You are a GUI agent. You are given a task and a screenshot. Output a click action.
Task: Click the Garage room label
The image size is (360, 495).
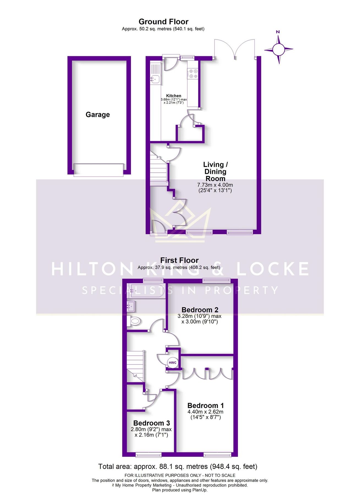[98, 115]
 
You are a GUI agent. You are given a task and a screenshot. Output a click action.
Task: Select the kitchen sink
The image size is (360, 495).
[155, 79]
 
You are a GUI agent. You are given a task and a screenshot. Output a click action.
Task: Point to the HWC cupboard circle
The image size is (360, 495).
[172, 362]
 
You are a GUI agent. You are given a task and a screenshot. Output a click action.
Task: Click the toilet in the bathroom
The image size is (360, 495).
[134, 321]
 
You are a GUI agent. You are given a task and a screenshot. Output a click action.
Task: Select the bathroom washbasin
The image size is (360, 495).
[131, 306]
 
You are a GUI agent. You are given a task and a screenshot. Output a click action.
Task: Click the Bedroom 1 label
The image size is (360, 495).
[205, 406]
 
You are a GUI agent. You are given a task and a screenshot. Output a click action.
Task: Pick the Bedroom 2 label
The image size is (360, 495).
[200, 310]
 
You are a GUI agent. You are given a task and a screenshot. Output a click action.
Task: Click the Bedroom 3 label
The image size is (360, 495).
[152, 423]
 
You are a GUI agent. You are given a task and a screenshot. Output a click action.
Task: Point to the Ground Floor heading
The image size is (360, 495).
[163, 22]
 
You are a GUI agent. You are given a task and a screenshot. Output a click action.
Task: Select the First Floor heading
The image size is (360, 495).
[179, 260]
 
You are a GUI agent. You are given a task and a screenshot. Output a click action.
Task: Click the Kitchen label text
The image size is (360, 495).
[174, 96]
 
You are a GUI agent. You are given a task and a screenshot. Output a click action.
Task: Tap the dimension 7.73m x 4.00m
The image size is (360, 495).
[215, 185]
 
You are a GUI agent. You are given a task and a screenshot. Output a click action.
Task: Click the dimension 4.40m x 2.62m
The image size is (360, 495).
[205, 412]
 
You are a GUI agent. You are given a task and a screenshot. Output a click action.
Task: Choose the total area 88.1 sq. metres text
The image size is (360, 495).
[178, 467]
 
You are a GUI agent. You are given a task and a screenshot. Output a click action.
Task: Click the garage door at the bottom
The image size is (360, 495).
[98, 170]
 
